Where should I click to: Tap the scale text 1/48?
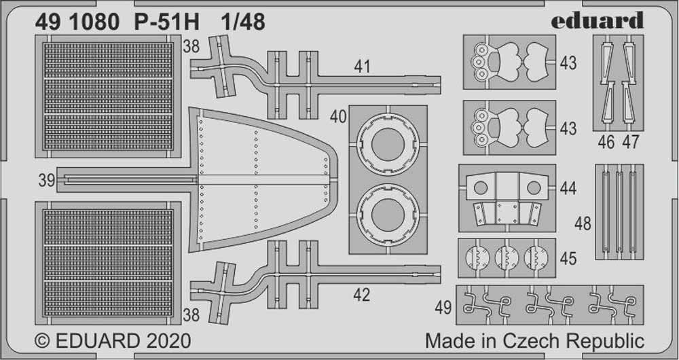243,22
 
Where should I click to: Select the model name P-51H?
170,22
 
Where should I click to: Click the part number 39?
46,181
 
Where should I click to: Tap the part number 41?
363,67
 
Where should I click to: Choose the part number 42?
363,295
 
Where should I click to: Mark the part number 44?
568,188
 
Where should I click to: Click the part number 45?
568,258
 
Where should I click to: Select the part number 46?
606,142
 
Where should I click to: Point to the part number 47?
630,142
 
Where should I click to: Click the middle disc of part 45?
507,258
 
